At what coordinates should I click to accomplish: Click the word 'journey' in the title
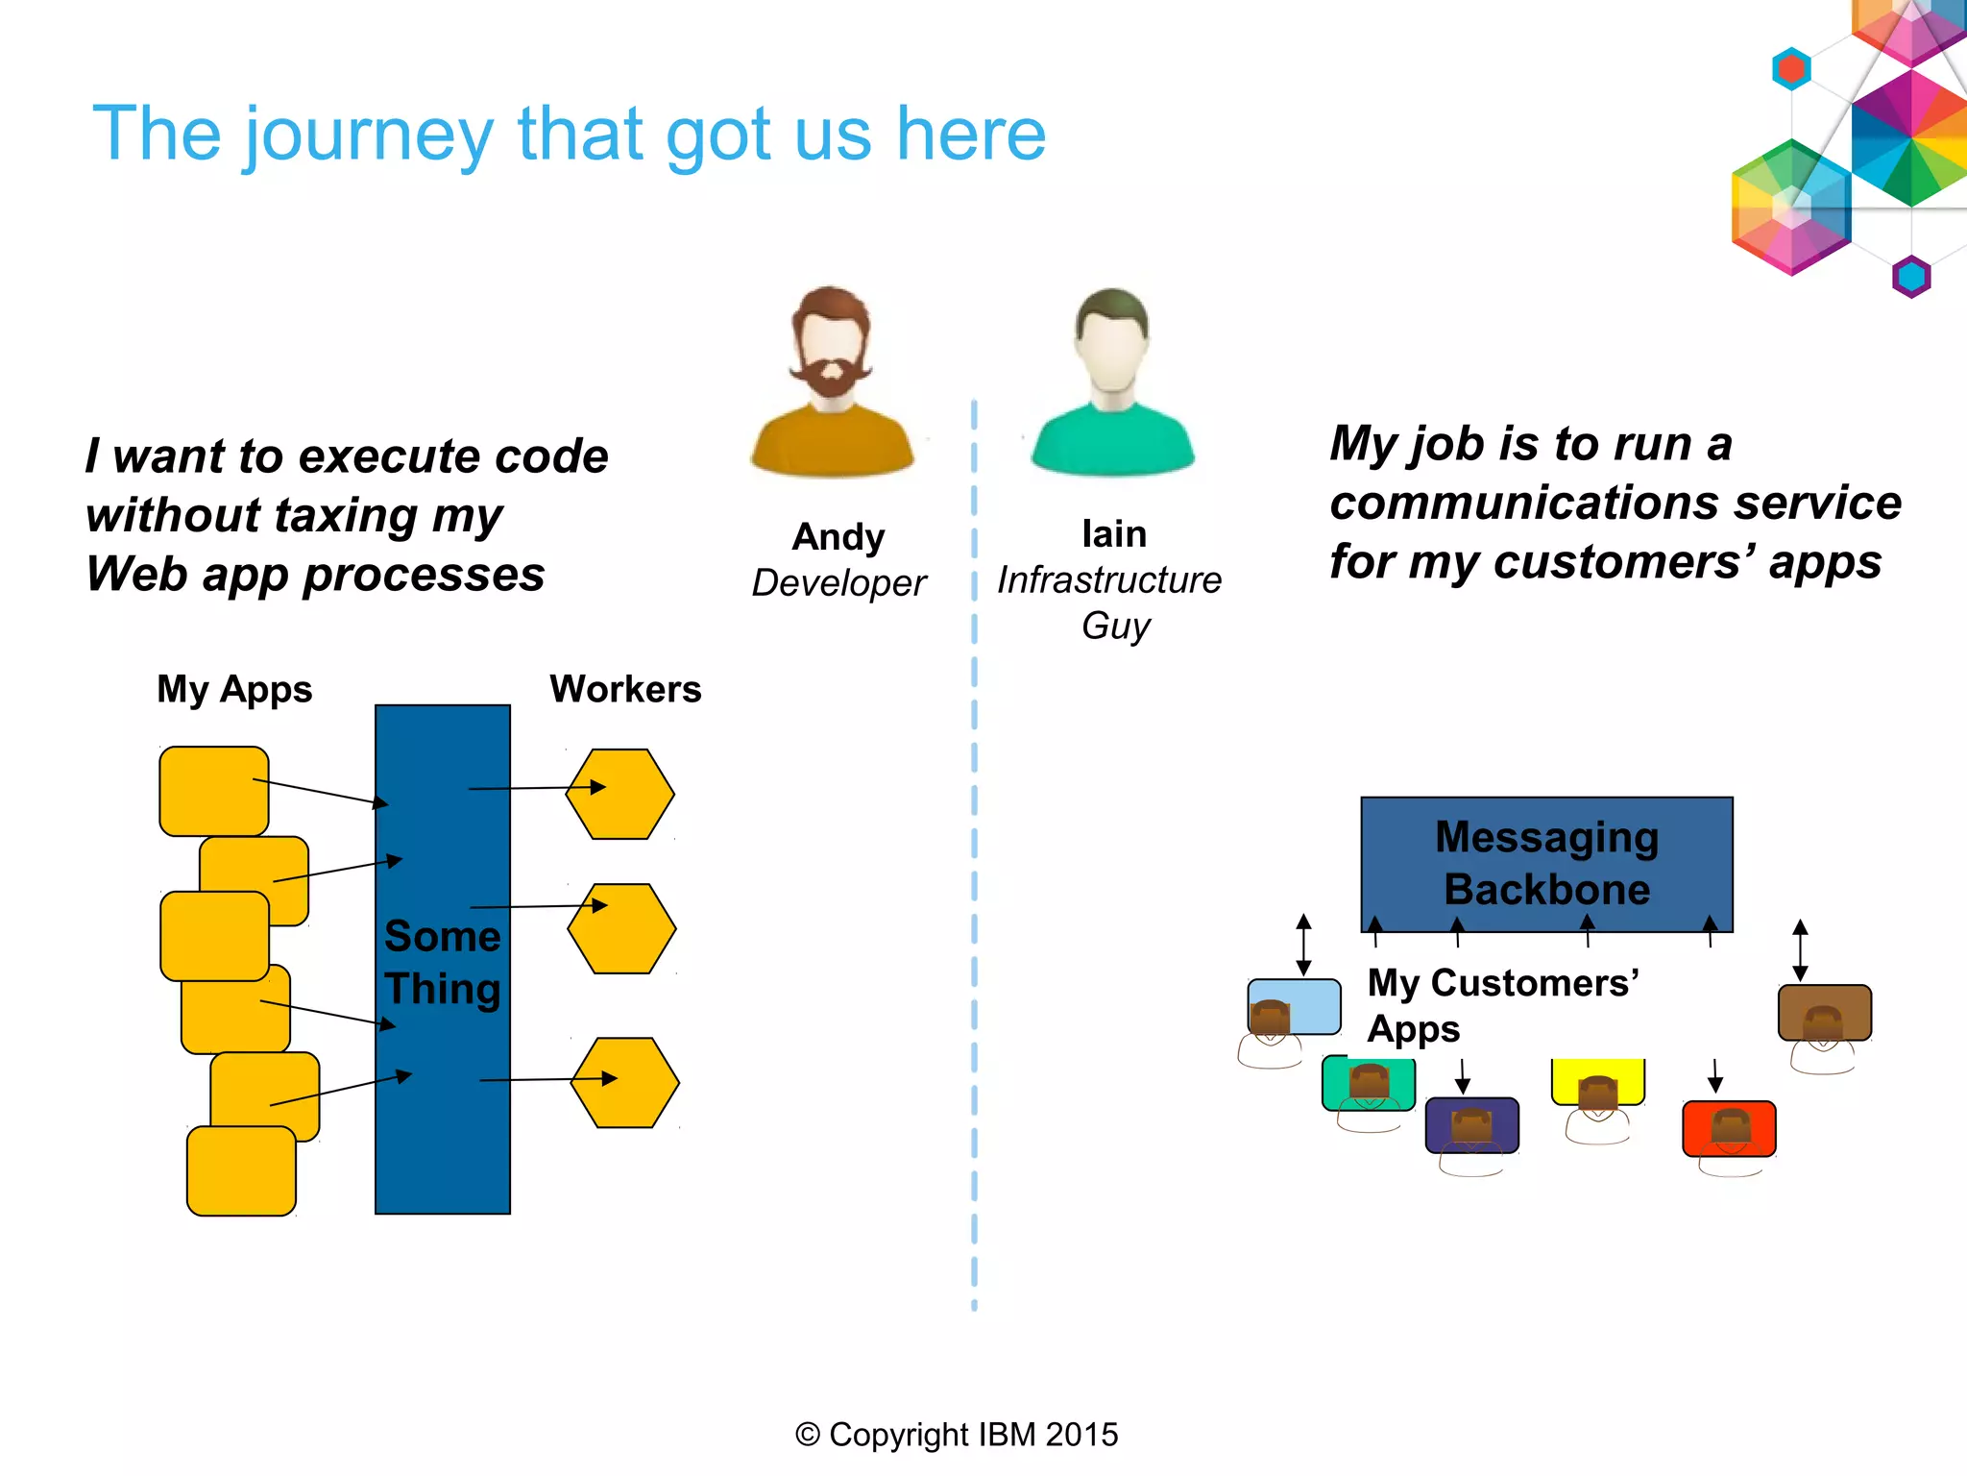367,135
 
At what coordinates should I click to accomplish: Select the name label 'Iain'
1113,534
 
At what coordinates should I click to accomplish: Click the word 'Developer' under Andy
838,583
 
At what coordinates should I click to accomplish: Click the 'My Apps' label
234,690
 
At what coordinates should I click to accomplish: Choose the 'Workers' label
625,690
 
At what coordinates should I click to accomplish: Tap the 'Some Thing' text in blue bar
443,962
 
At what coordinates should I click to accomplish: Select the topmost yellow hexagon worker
620,795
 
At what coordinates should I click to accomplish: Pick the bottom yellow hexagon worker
625,1083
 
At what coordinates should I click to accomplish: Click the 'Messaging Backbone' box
1546,863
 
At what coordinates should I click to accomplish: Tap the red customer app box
1729,1128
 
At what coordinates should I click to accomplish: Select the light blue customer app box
1295,1006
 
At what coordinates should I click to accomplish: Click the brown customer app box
1825,1011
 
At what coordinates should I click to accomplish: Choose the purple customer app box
1471,1124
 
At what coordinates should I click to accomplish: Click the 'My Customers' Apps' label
1503,1005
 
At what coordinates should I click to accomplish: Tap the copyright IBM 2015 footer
957,1435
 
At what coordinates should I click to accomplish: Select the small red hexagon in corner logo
1791,69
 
